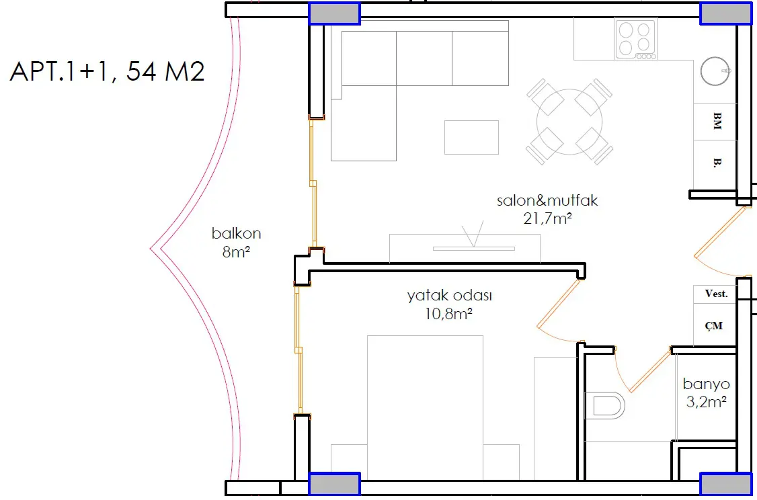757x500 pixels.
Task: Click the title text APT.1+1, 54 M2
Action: pos(107,71)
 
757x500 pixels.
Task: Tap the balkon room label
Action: pos(236,234)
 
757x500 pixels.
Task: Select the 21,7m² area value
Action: pos(547,218)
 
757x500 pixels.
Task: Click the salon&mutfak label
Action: pos(547,200)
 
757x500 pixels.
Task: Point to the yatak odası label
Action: pos(449,296)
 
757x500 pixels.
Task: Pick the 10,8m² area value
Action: pos(448,315)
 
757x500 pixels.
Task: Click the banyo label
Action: pos(707,384)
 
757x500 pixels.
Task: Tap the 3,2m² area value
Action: pos(707,402)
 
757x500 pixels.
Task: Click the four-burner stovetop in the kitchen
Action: pos(635,38)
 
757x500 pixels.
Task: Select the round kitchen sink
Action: pos(715,71)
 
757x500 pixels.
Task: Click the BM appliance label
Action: pos(717,121)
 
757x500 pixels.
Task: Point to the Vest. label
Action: pos(717,294)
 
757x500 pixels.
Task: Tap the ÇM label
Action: pos(713,326)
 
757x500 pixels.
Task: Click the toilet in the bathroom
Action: pos(605,405)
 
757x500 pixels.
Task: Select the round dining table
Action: pos(569,122)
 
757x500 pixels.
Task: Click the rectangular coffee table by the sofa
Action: pos(472,138)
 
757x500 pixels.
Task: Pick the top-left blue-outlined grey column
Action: pos(335,13)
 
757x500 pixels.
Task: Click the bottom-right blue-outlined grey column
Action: pos(725,484)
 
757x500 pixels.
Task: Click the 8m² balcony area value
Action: pos(236,252)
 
